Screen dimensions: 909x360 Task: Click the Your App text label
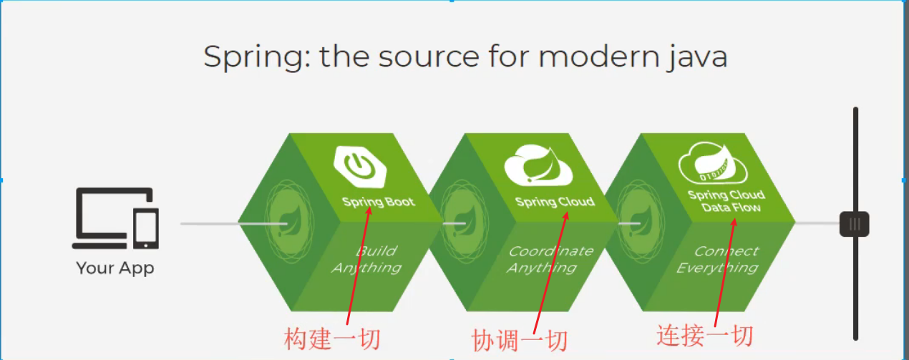tap(115, 268)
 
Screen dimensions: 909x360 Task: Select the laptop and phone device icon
tap(115, 218)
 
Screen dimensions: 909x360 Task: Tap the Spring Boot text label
tap(379, 202)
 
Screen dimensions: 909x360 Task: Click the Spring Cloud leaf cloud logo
tap(538, 165)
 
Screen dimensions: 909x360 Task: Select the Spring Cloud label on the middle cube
tap(555, 202)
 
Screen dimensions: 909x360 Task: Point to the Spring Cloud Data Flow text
tap(726, 201)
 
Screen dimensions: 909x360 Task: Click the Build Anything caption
tap(366, 259)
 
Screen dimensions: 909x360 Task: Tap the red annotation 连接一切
tap(705, 336)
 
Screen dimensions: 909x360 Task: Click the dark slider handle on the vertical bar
tap(854, 224)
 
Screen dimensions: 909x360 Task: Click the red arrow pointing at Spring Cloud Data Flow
tap(723, 272)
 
